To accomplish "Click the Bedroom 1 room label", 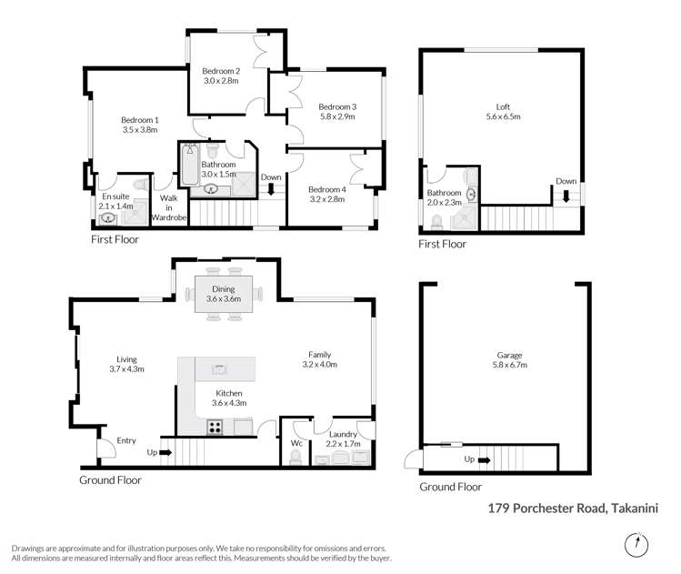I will click(140, 120).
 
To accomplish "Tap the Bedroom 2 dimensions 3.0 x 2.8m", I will click(220, 80).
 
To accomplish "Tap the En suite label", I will click(115, 196).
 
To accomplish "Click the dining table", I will click(224, 293).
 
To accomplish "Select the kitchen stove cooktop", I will click(215, 427).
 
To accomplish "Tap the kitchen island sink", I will click(218, 368).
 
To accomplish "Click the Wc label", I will click(295, 444).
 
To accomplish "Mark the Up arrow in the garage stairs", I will click(482, 459).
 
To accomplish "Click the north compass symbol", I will click(636, 546).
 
